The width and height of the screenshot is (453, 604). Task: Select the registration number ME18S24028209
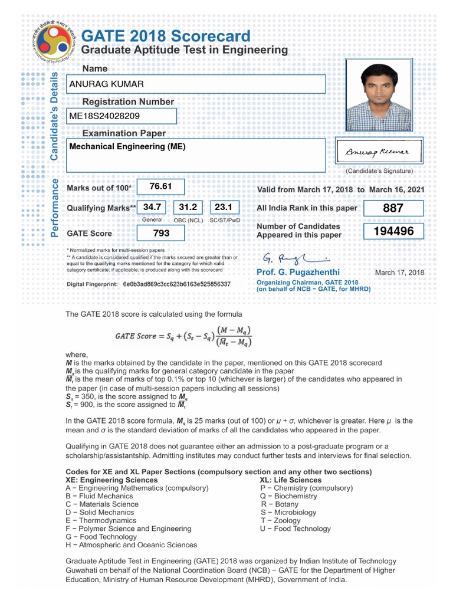pyautogui.click(x=104, y=116)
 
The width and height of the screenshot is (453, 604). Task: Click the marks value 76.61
pyautogui.click(x=160, y=187)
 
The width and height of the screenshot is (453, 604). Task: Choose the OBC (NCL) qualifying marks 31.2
pyautogui.click(x=188, y=208)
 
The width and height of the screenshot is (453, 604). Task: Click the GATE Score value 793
pyautogui.click(x=160, y=233)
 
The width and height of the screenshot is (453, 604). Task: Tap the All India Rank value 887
pyautogui.click(x=393, y=208)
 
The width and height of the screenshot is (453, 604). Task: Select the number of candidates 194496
pyautogui.click(x=393, y=232)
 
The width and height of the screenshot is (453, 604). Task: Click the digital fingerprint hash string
pyautogui.click(x=176, y=284)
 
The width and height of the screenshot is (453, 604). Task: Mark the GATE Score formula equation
pyautogui.click(x=184, y=337)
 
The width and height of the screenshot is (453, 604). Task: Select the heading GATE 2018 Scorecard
pyautogui.click(x=166, y=36)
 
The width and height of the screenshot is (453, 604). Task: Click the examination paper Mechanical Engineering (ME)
pyautogui.click(x=127, y=147)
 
